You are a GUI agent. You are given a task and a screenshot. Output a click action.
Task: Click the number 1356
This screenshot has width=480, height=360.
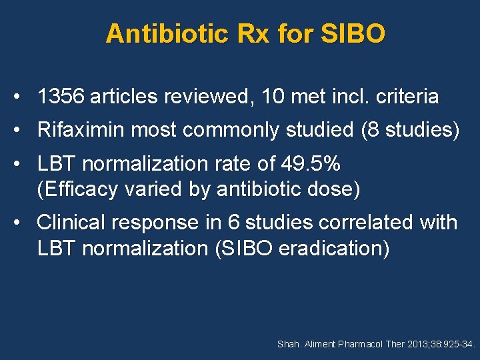coord(61,97)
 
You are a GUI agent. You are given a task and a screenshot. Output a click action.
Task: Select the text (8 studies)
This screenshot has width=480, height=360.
coord(410,130)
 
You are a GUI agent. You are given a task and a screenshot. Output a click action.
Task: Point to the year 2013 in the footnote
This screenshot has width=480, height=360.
coord(414,345)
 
